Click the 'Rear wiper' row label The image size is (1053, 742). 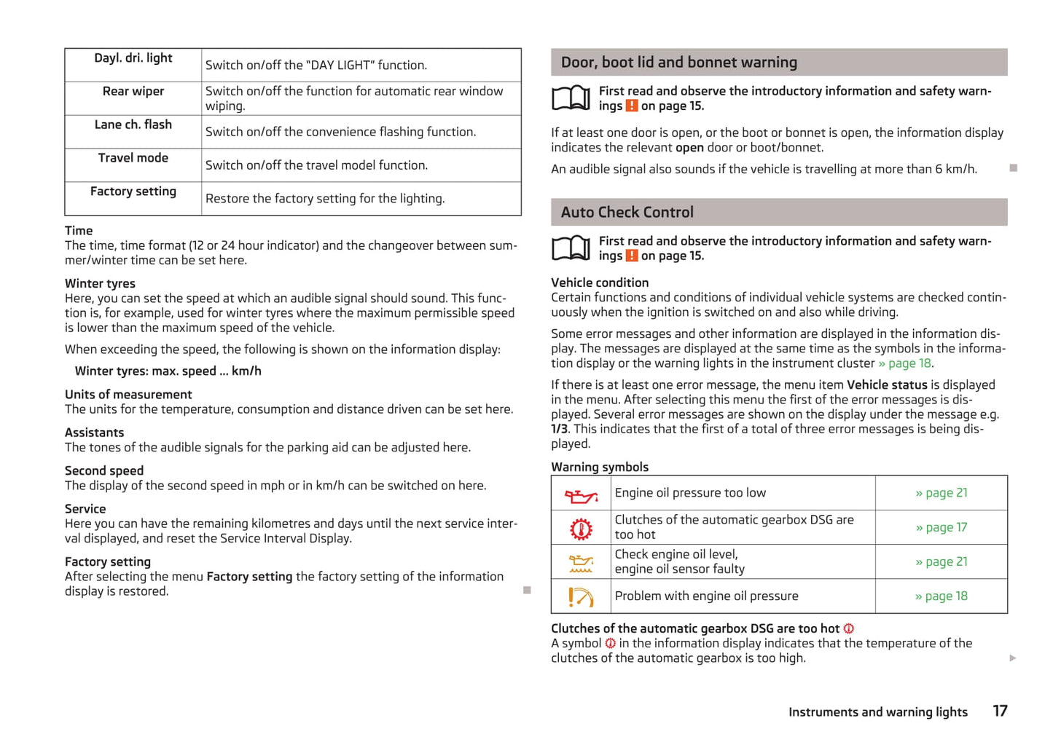click(x=133, y=91)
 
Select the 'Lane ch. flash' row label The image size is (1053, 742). click(x=133, y=125)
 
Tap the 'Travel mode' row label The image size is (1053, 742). click(x=133, y=158)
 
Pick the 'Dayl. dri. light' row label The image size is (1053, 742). click(x=133, y=58)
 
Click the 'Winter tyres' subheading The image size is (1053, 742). click(x=100, y=283)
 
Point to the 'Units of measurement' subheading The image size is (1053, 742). click(x=128, y=394)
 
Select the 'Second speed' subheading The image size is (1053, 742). click(x=104, y=470)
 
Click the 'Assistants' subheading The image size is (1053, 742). click(x=94, y=433)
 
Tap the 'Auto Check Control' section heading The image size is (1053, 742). click(x=627, y=213)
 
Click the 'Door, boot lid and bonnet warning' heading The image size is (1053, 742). click(x=678, y=63)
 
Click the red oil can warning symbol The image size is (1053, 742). click(x=581, y=496)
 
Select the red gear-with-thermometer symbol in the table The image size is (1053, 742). click(x=581, y=529)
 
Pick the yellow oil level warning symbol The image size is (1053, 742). click(x=581, y=563)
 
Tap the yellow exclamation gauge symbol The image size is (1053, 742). click(x=581, y=597)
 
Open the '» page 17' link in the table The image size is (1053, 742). click(x=941, y=527)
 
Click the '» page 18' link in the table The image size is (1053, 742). click(x=941, y=596)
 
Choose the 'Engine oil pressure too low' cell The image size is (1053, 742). click(x=690, y=493)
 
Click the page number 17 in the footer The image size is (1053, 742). click(x=1000, y=711)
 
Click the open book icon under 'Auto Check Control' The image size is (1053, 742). click(x=571, y=248)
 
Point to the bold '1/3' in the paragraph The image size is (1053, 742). click(x=559, y=429)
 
